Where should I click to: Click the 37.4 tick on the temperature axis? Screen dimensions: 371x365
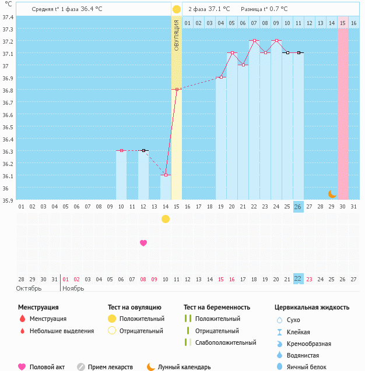(x=8, y=17)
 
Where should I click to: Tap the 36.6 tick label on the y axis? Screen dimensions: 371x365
(x=8, y=115)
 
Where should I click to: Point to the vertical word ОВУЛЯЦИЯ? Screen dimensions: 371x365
(x=177, y=35)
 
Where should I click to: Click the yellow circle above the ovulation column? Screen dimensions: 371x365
(x=177, y=9)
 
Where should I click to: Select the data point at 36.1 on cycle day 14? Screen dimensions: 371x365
(x=166, y=175)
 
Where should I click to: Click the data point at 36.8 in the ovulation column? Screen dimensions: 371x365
(x=177, y=89)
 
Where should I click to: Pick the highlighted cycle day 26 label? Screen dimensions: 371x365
(x=298, y=207)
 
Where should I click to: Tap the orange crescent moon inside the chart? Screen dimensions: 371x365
(x=332, y=194)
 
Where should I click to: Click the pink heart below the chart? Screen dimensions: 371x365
(x=143, y=243)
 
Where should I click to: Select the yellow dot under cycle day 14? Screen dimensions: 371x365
(x=166, y=219)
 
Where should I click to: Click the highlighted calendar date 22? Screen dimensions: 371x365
(x=298, y=279)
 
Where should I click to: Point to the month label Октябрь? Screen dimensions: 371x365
(x=29, y=288)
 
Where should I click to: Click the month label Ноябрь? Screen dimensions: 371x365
(x=73, y=288)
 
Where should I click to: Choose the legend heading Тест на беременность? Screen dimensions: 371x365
(x=217, y=307)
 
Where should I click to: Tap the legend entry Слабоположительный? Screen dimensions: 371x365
(x=226, y=342)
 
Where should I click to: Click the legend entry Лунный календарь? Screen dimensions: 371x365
(x=184, y=367)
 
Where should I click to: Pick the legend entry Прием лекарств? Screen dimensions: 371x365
(x=110, y=367)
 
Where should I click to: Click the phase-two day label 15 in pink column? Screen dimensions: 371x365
(x=343, y=23)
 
